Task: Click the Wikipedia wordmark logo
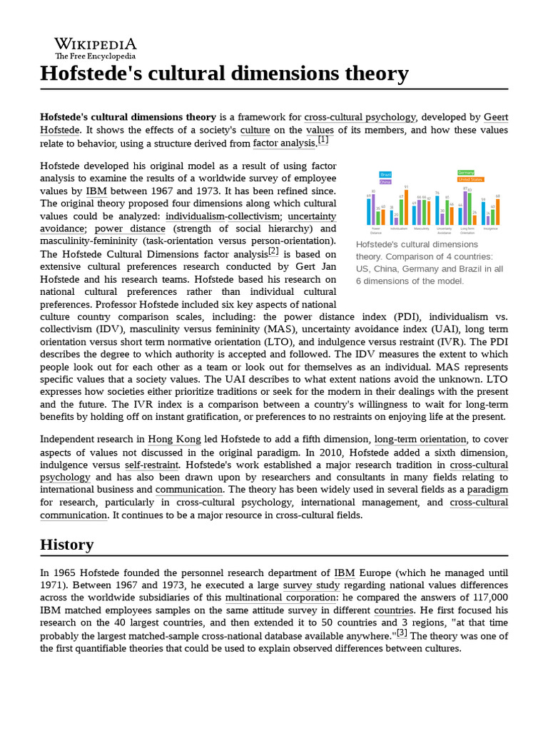tap(96, 44)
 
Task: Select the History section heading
tap(66, 545)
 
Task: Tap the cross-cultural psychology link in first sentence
tap(360, 117)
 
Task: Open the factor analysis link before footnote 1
tap(284, 143)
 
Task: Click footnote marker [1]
tap(323, 141)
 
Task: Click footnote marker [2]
tap(273, 251)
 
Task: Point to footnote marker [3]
tap(402, 632)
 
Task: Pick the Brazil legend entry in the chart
tap(385, 174)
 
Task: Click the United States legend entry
tap(470, 180)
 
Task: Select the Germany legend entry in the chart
tap(466, 173)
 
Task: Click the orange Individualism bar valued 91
tap(405, 206)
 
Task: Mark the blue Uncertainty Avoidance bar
tap(437, 211)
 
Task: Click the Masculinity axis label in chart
tap(422, 229)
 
